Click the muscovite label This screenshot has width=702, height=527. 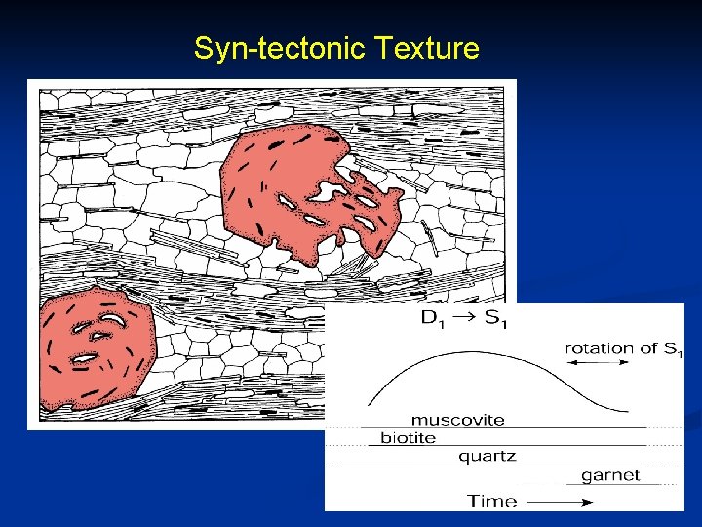[457, 421]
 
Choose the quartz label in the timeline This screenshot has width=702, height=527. [487, 456]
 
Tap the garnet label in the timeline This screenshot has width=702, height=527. [610, 475]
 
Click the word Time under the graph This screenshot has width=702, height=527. [491, 501]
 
